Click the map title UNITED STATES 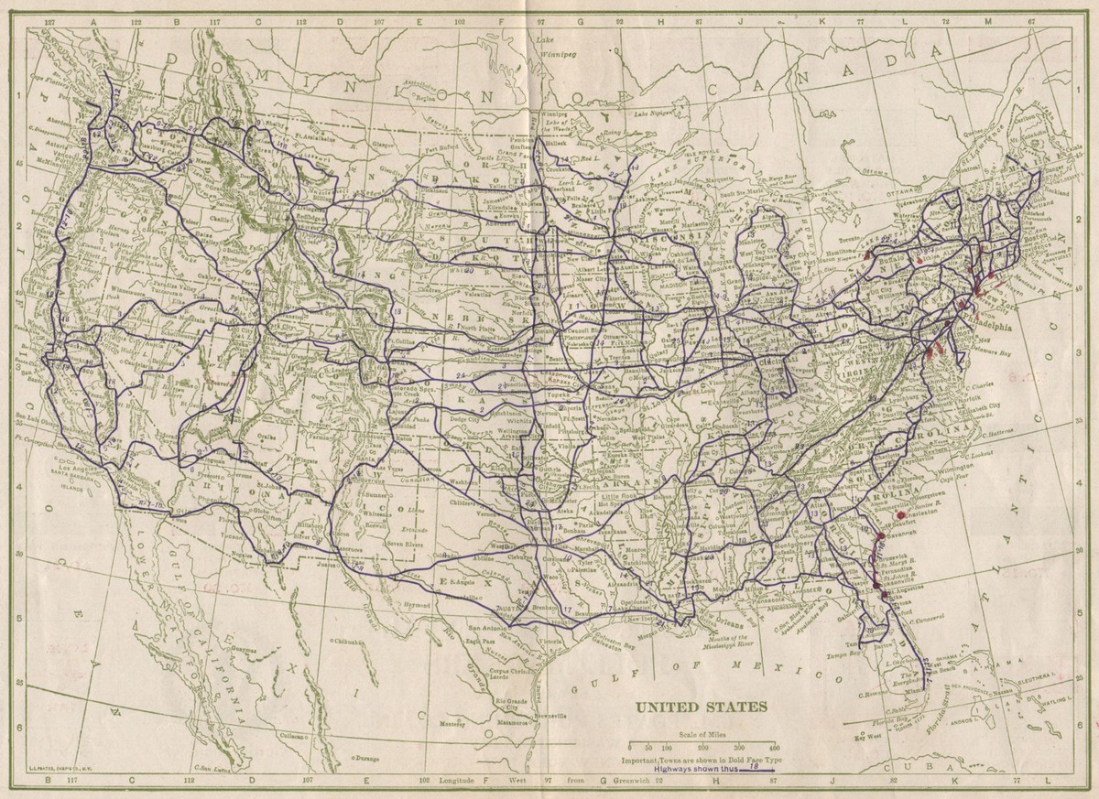click(x=702, y=707)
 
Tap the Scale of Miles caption click(x=702, y=735)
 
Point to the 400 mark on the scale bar click(x=776, y=749)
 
